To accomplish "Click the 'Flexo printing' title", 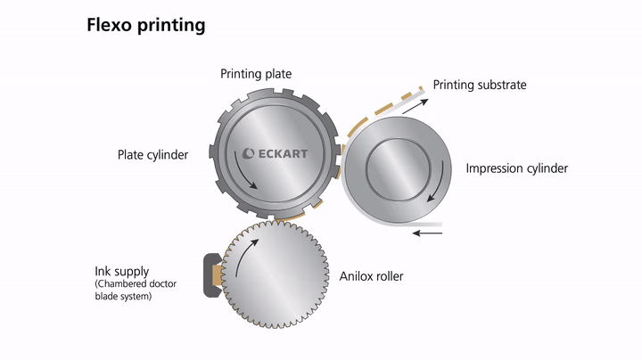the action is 145,25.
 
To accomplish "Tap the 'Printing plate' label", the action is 256,74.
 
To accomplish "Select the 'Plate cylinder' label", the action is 152,155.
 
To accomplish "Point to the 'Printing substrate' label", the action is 480,85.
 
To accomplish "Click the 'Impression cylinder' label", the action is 516,168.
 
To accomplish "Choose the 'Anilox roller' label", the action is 371,276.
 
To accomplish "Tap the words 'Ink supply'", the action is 122,272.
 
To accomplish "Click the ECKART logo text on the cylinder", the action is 283,154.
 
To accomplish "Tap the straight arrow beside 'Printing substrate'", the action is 416,106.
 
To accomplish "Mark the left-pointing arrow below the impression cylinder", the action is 427,233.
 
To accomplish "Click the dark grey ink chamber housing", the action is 212,275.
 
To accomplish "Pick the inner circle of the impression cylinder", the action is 398,169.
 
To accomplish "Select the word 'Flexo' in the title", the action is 109,25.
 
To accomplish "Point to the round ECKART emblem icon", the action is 248,154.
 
